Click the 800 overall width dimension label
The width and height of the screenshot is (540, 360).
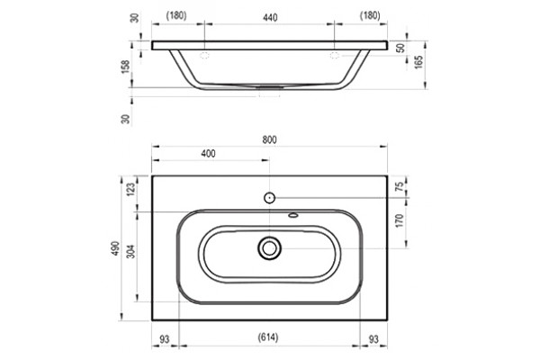tap(269, 139)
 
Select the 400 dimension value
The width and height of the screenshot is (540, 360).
tap(209, 154)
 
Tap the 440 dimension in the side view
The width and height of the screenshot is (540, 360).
tap(270, 18)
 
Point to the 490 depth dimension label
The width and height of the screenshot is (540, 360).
tap(116, 248)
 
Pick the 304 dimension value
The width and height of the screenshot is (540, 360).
tap(131, 251)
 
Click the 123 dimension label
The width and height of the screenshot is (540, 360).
tap(131, 189)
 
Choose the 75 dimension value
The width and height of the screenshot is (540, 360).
tap(400, 186)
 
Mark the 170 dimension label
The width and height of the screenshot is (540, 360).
tap(400, 220)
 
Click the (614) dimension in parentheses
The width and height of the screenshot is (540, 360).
tap(268, 337)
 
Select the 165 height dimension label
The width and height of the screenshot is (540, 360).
tap(418, 62)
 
